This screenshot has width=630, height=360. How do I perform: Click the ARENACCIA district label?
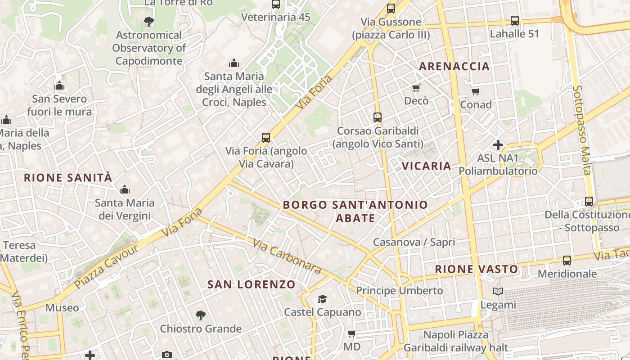pyautogui.click(x=454, y=67)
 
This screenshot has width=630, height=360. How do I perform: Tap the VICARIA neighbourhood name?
pyautogui.click(x=426, y=166)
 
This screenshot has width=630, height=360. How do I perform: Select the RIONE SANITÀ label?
pyautogui.click(x=67, y=178)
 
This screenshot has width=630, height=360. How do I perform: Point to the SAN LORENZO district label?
pyautogui.click(x=251, y=284)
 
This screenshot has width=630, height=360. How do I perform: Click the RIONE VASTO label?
pyautogui.click(x=476, y=270)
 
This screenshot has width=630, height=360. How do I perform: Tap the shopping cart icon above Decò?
pyautogui.click(x=416, y=88)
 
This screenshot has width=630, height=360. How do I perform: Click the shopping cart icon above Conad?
pyautogui.click(x=475, y=92)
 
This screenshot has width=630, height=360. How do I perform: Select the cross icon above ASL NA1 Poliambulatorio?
pyautogui.click(x=498, y=145)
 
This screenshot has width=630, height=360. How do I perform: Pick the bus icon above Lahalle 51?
pyautogui.click(x=514, y=21)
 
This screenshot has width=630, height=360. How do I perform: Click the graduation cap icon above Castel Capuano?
pyautogui.click(x=322, y=299)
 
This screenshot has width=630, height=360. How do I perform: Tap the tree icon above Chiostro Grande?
pyautogui.click(x=201, y=315)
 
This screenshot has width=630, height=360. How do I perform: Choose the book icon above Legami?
pyautogui.click(x=498, y=292)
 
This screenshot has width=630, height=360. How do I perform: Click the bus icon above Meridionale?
pyautogui.click(x=567, y=261)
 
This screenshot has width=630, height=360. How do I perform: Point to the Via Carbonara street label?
pyautogui.click(x=287, y=256)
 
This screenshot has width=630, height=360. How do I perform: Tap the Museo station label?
pyautogui.click(x=62, y=308)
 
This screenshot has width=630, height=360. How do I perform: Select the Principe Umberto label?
pyautogui.click(x=400, y=291)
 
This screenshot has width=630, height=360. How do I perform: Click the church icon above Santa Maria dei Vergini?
pyautogui.click(x=124, y=190)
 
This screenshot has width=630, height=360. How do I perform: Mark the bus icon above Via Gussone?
pyautogui.click(x=391, y=9)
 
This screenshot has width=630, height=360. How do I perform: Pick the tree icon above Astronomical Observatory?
pyautogui.click(x=148, y=21)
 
